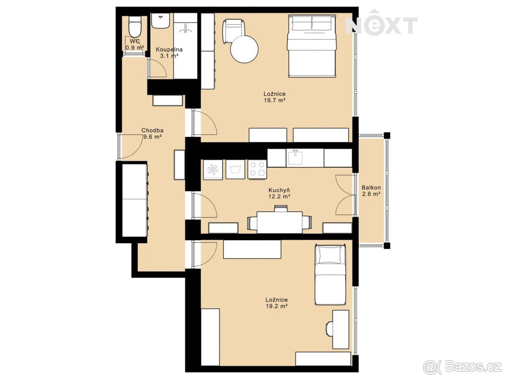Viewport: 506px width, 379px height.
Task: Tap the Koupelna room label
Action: coord(169,49)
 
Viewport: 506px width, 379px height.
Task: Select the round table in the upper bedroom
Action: coord(244,49)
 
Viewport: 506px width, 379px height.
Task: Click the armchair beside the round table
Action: coord(233,31)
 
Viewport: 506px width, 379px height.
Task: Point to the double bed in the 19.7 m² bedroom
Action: coord(311,46)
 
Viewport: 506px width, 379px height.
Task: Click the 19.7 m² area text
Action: coord(275,100)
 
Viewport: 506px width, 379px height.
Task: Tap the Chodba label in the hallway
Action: coord(152,131)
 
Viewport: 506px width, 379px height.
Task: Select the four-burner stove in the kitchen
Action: coord(257,169)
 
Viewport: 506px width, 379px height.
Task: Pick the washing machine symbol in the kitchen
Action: coord(235,169)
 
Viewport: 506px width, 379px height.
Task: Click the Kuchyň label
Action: coord(279,190)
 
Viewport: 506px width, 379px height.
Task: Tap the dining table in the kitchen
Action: coord(280,222)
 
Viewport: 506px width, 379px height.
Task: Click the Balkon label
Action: coord(371,187)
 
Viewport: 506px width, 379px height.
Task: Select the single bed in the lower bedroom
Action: coord(331,278)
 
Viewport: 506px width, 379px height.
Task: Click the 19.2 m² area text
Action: coord(276,306)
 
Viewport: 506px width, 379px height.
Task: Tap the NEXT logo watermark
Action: coord(382,22)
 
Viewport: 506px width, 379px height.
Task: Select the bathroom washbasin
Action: coord(161,21)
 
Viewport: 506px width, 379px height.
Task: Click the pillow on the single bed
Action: coord(331,255)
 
